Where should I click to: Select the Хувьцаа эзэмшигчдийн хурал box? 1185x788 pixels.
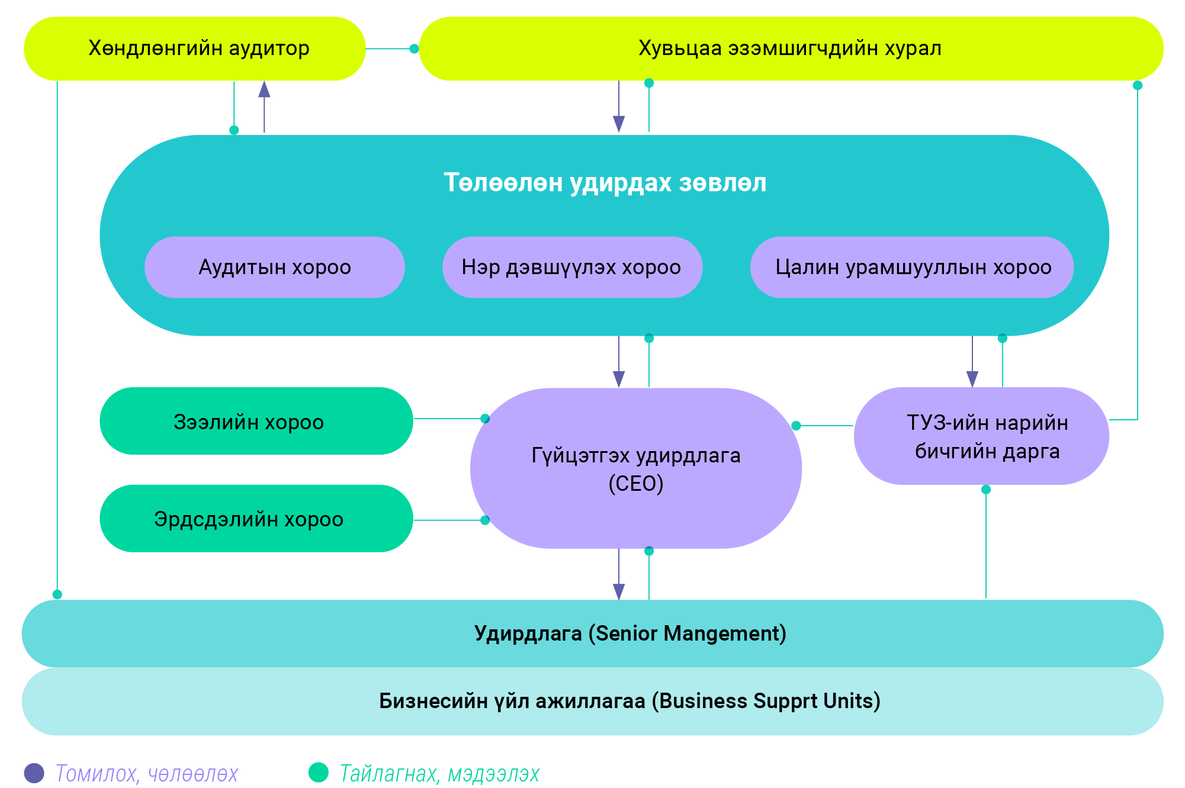point(791,49)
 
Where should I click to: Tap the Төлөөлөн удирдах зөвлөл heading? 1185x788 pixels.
point(605,182)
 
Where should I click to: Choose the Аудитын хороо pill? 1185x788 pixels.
point(274,267)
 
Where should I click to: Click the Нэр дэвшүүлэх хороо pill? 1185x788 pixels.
point(571,267)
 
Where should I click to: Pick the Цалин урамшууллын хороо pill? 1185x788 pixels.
point(912,267)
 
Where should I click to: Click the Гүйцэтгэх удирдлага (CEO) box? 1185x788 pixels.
point(635,469)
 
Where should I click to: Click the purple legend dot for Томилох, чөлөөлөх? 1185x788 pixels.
point(34,773)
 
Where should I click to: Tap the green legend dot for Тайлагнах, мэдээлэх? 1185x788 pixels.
point(319,773)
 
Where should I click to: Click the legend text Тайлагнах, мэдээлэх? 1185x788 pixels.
point(439,773)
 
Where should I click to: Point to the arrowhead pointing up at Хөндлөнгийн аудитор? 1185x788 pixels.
point(264,89)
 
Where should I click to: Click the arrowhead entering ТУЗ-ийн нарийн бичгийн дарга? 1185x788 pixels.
point(972,379)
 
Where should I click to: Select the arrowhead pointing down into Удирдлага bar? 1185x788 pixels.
point(619,591)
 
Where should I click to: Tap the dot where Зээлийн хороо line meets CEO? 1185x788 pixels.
point(485,419)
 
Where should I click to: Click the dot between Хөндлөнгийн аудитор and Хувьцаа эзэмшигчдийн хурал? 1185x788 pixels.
point(415,49)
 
